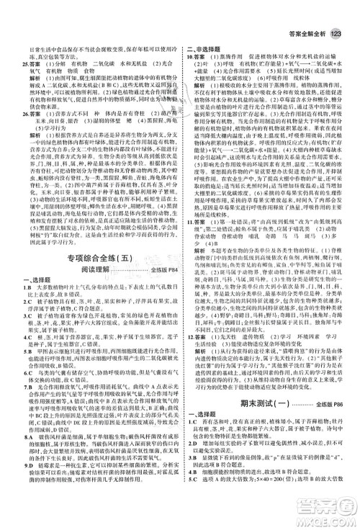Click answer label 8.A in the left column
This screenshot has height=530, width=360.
pos(14,436)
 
